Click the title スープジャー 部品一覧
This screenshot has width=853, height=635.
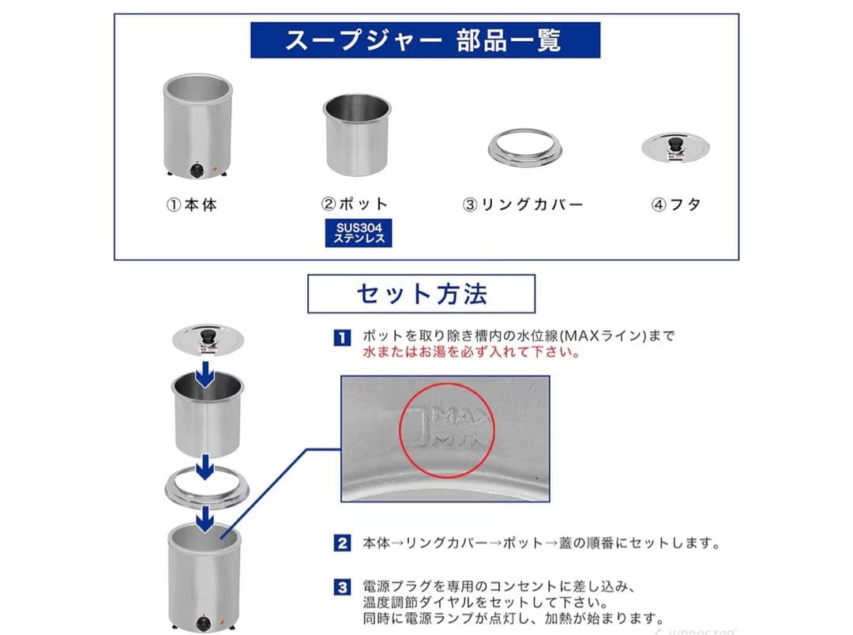click(x=425, y=40)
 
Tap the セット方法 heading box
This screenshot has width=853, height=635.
click(x=421, y=294)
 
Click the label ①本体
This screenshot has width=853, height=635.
click(x=191, y=205)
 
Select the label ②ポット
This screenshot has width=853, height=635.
click(x=355, y=205)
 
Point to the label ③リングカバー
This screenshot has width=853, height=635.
click(x=522, y=205)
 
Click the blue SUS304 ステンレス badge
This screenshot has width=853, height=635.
click(x=359, y=233)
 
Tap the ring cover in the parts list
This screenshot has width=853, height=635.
click(x=524, y=148)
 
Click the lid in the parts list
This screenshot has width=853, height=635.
click(x=677, y=147)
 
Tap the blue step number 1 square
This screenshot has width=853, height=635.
click(x=341, y=337)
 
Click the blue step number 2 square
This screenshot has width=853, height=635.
click(x=341, y=543)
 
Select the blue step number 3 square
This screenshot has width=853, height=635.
click(x=341, y=587)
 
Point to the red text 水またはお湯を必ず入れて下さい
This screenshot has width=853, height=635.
click(x=472, y=353)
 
